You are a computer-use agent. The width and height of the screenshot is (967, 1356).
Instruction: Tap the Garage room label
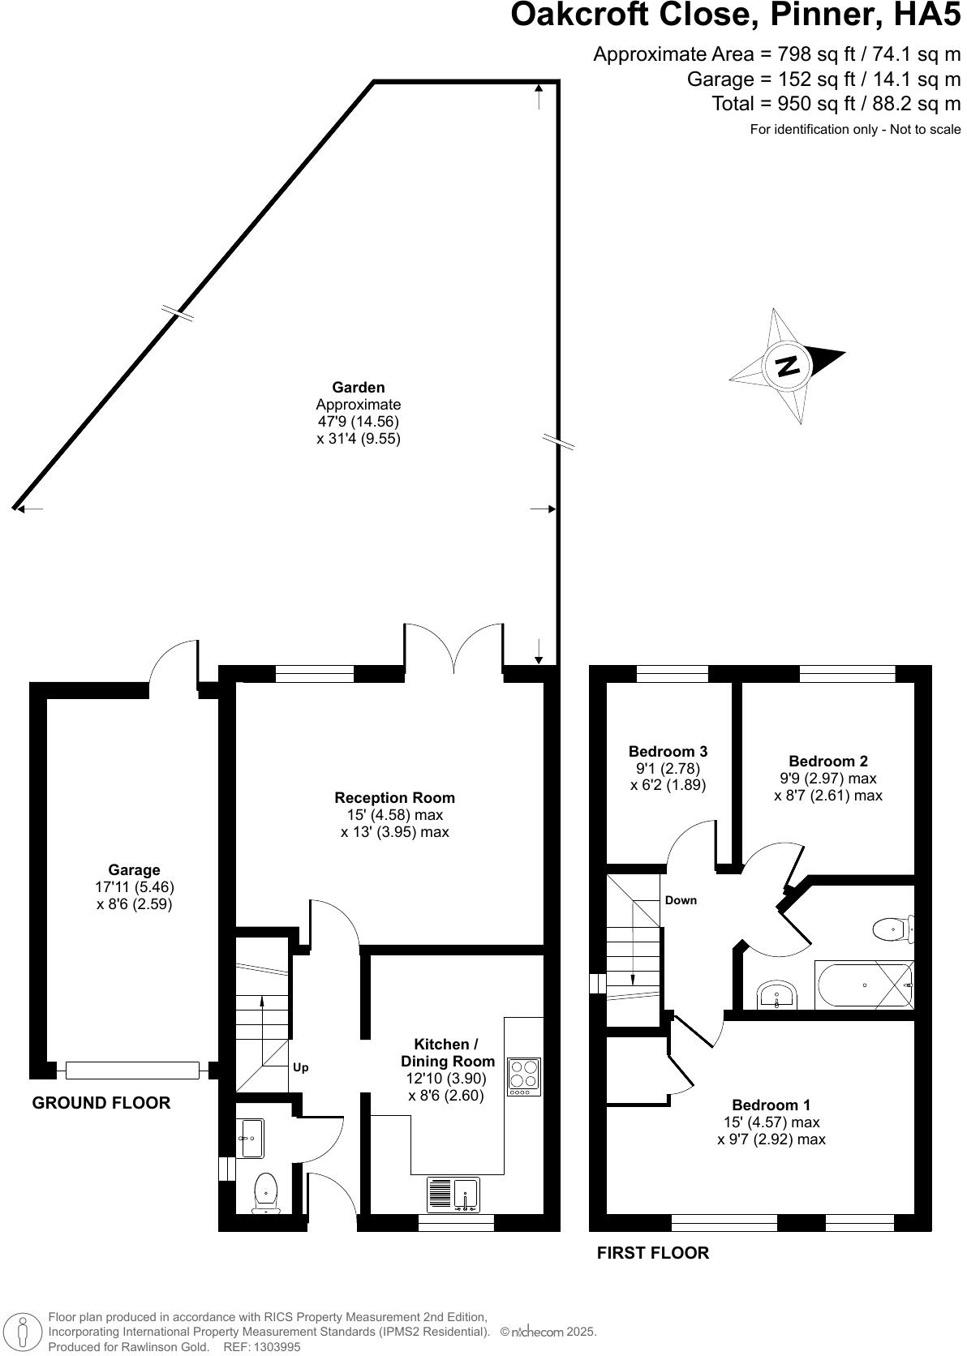click(x=134, y=870)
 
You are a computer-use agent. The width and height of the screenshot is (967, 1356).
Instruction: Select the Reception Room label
click(x=394, y=797)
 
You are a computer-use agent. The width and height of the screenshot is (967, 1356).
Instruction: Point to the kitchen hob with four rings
click(x=524, y=1076)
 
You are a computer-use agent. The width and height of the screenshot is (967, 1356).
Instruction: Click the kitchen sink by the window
click(x=466, y=1194)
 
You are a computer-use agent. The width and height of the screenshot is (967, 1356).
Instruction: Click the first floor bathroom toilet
click(x=893, y=928)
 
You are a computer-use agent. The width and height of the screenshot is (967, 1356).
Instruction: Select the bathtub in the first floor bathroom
click(x=864, y=985)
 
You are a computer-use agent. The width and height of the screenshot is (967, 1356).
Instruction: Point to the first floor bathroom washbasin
click(x=778, y=995)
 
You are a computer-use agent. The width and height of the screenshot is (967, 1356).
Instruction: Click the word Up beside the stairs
click(x=300, y=1067)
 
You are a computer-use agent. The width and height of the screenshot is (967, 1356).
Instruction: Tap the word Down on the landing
click(x=681, y=900)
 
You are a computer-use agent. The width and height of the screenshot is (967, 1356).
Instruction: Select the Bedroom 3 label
click(x=668, y=751)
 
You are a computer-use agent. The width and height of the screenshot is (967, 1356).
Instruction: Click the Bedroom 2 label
click(x=827, y=761)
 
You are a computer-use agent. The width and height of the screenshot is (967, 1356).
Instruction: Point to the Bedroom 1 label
click(x=771, y=1105)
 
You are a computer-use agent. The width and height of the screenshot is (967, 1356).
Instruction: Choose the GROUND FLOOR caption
click(x=101, y=1103)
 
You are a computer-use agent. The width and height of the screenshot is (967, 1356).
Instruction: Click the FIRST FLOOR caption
click(x=652, y=1253)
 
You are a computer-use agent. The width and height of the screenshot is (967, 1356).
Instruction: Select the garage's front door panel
click(x=132, y=1071)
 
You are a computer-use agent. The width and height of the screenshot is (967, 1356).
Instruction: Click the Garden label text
click(x=358, y=388)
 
